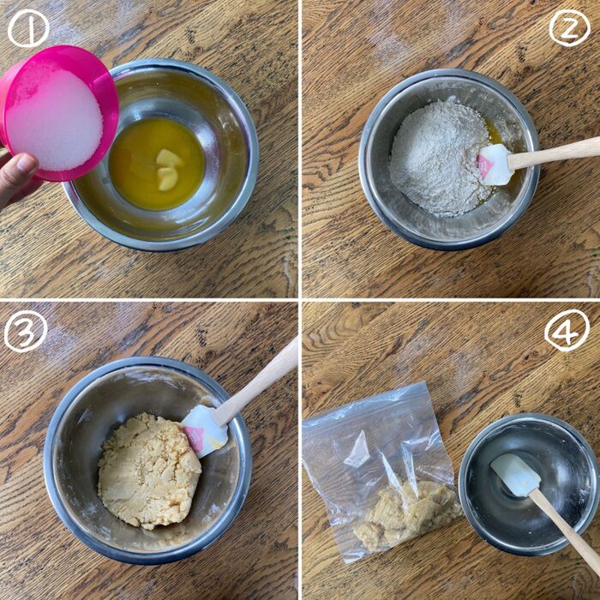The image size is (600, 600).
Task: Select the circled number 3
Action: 26,331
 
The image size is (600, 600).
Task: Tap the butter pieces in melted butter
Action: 169,169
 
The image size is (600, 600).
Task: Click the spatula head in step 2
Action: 495,163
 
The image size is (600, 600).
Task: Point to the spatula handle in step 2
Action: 557,152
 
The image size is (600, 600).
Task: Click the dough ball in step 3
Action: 147,470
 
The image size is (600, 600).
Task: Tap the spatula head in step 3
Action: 204,429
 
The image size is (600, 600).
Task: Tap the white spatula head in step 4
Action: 515,474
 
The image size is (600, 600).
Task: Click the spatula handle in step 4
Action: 566,531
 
